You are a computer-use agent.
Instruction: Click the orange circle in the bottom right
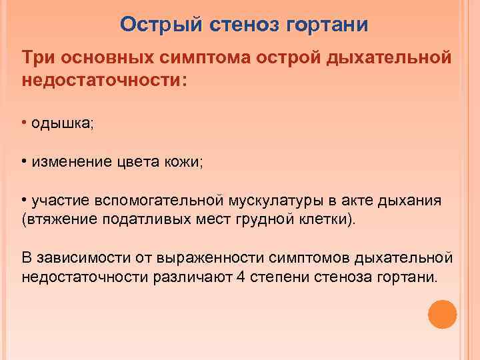tap(442, 313)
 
